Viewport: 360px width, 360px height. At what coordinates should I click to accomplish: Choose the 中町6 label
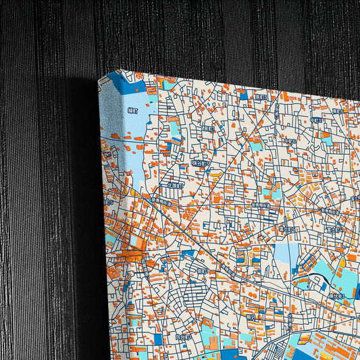click(290, 141)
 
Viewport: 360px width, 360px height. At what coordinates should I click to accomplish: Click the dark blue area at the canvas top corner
click(126, 82)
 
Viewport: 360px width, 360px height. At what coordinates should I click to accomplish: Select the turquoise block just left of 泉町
click(175, 129)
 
